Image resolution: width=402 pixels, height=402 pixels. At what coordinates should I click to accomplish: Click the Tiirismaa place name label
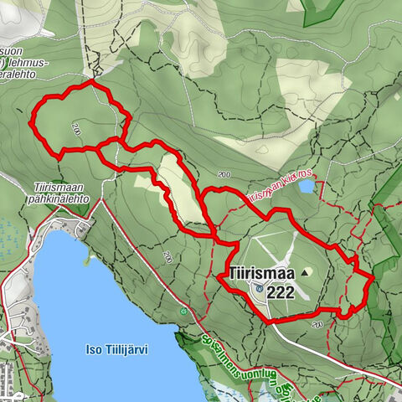tap(259, 273)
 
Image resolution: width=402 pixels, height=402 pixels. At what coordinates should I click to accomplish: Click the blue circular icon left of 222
tap(260, 289)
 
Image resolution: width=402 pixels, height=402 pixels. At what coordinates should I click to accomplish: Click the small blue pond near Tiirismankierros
tap(307, 186)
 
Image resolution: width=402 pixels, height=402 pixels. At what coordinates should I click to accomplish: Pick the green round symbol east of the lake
tap(183, 312)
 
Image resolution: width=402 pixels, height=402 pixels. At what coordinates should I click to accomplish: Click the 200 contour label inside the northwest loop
tap(76, 130)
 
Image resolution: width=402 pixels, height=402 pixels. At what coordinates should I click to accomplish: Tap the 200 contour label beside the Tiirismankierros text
tap(223, 174)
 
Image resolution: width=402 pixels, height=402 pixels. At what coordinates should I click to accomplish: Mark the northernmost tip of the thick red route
tap(90, 84)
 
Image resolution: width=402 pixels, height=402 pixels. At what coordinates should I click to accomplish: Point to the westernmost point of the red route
tap(30, 124)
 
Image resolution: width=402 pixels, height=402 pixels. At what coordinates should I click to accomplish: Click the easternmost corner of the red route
tap(370, 276)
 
